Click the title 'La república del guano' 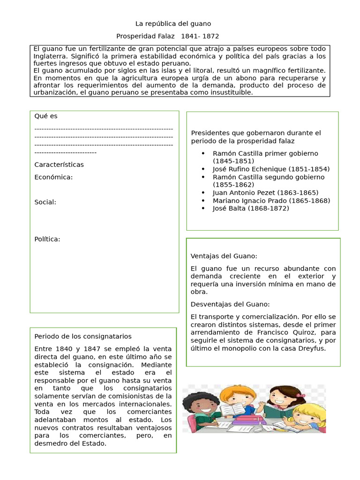173,23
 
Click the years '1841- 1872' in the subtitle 200,36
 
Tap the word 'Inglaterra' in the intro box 50,56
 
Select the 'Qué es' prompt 46,116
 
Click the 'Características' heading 59,165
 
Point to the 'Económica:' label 53,177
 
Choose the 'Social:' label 45,202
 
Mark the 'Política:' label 47,239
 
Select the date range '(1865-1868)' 309,201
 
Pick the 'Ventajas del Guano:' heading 224,256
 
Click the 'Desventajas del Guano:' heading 230,304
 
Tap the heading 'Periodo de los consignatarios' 83,337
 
